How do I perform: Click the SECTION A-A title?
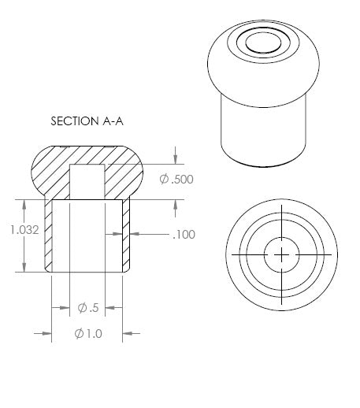tap(87, 121)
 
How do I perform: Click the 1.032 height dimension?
tap(24, 230)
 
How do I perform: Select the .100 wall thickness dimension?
tap(184, 235)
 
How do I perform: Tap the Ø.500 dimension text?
tap(176, 179)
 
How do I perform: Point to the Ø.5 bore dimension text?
tap(88, 307)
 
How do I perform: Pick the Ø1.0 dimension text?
tap(88, 333)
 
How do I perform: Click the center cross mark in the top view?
tap(281, 254)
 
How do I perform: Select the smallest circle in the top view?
tap(281, 254)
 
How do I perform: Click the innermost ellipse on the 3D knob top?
tap(263, 43)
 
